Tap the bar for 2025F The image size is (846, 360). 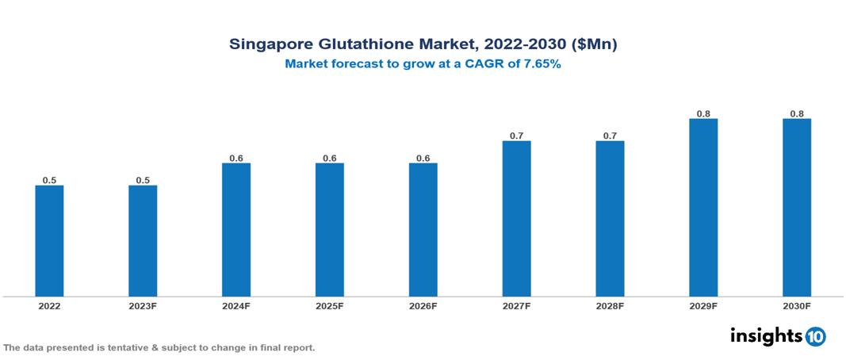pos(330,230)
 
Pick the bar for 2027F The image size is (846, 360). pos(516,219)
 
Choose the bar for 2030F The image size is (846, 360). pos(797,208)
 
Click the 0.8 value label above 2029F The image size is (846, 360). pos(703,114)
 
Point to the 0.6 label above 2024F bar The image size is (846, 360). pos(236,159)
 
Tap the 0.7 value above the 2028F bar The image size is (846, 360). pos(610,136)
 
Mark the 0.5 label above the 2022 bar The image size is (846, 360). pos(49,181)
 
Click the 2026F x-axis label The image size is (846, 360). pos(423,306)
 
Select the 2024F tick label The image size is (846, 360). pos(236,306)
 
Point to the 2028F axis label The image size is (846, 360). pos(610,306)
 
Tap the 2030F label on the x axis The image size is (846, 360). pos(797,306)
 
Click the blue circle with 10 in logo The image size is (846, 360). pos(815,336)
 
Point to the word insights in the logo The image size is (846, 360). pos(765,335)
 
